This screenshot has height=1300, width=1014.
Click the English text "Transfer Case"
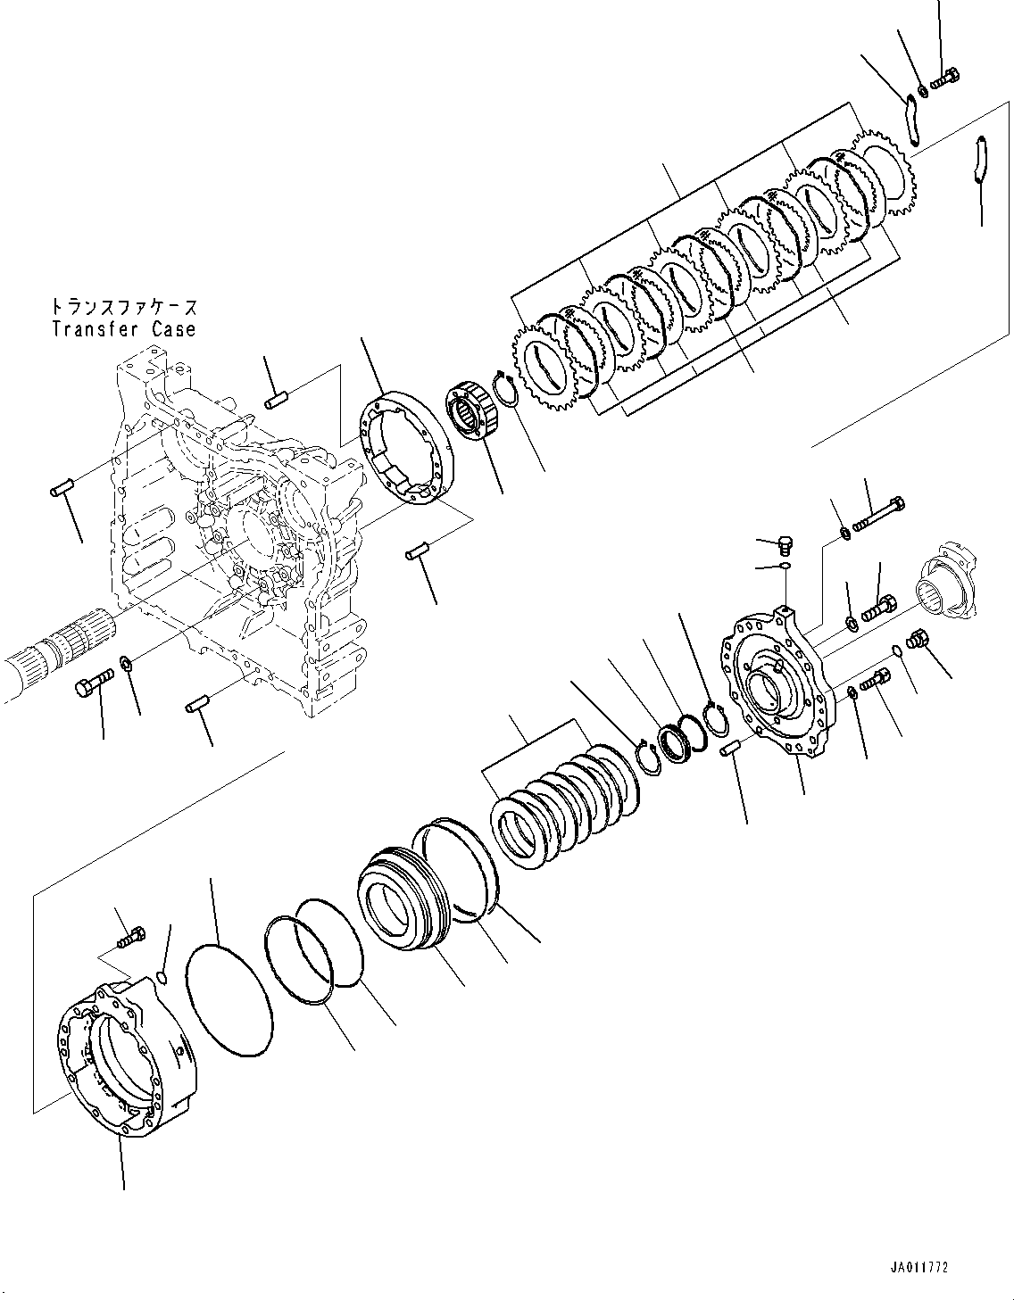click(x=123, y=329)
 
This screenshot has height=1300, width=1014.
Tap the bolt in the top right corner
click(x=944, y=79)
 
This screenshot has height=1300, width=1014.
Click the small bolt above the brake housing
click(x=130, y=938)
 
